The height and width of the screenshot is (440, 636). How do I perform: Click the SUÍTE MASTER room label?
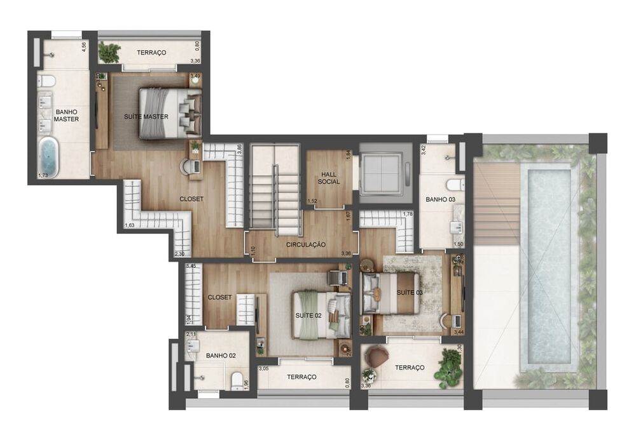tap(146, 116)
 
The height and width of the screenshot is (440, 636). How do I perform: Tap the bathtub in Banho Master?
tap(48, 157)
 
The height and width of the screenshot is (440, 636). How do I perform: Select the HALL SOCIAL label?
tap(329, 177)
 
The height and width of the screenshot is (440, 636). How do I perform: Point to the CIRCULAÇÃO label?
tap(305, 244)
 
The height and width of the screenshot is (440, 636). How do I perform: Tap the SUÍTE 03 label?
tap(409, 293)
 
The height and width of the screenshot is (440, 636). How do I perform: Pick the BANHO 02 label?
tap(220, 356)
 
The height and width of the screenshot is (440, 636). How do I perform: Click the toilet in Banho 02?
tap(237, 381)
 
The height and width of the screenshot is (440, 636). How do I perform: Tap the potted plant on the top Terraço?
tap(110, 53)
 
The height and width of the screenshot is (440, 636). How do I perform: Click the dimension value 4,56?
tap(84, 48)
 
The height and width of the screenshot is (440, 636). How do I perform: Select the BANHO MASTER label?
tap(66, 115)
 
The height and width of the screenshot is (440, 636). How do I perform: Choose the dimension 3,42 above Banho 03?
tap(424, 150)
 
